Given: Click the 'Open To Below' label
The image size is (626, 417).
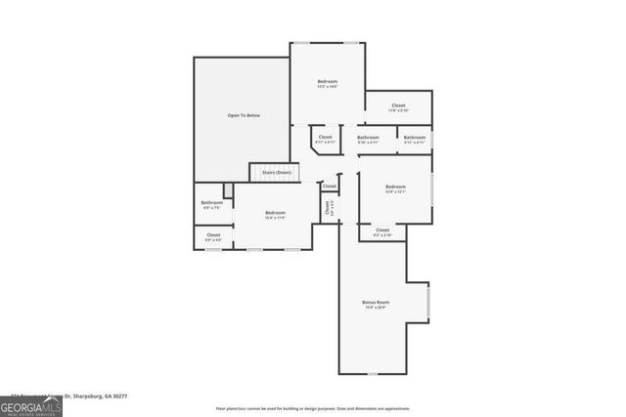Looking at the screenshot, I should tap(244, 115).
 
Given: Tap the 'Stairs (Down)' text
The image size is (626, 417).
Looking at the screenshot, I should tap(276, 172).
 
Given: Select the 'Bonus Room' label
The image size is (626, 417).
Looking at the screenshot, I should tap(376, 303).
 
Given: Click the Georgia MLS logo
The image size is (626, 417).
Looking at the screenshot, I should tap(31, 406).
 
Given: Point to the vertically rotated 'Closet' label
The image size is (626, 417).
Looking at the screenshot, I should tap(329, 207).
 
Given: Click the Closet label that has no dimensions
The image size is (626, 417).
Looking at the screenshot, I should tap(330, 186).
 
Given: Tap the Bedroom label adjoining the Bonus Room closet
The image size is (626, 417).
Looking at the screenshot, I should tap(394, 187).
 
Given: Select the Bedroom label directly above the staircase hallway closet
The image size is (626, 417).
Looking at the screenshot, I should tap(327, 81).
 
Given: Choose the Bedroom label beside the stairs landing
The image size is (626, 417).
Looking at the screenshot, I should tap(275, 213).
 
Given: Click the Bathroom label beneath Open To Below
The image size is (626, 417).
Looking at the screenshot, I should tap(212, 202).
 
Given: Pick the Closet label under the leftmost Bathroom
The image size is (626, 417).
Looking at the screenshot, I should tap(212, 234).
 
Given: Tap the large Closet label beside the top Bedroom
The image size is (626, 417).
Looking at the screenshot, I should tap(398, 105).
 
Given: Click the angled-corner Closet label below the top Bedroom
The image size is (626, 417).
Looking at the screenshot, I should tap(326, 138).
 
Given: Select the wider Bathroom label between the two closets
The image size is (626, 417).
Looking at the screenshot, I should tap(368, 138).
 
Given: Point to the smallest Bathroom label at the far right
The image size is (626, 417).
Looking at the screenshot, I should tap(415, 138).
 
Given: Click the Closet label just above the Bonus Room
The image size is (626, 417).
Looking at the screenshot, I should tap(381, 229).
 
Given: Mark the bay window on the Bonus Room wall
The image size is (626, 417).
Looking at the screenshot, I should tap(428, 301).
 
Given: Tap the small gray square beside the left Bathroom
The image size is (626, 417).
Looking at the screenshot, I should tap(228, 190).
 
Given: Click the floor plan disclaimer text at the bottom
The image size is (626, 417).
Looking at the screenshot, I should tap(313, 408).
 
